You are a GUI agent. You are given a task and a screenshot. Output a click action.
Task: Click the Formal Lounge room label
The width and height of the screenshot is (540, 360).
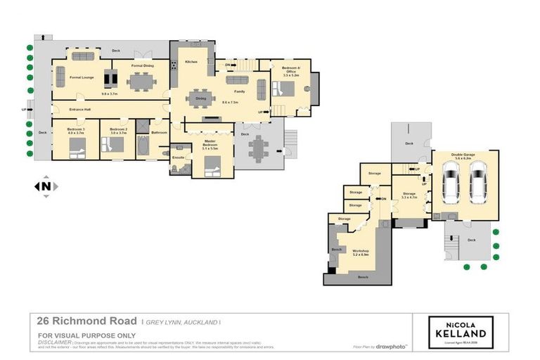(x=82, y=77)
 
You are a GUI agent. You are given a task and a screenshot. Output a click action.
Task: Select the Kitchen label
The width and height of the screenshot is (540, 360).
(x=191, y=62)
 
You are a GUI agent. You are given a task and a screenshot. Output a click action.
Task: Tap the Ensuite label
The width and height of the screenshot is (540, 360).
(x=178, y=157)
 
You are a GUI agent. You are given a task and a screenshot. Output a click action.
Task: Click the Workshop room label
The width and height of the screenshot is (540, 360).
(x=361, y=250)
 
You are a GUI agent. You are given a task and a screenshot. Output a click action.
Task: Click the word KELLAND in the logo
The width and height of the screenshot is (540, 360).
(x=461, y=333)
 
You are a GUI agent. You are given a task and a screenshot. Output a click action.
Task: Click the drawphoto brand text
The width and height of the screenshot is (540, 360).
(x=392, y=347)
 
